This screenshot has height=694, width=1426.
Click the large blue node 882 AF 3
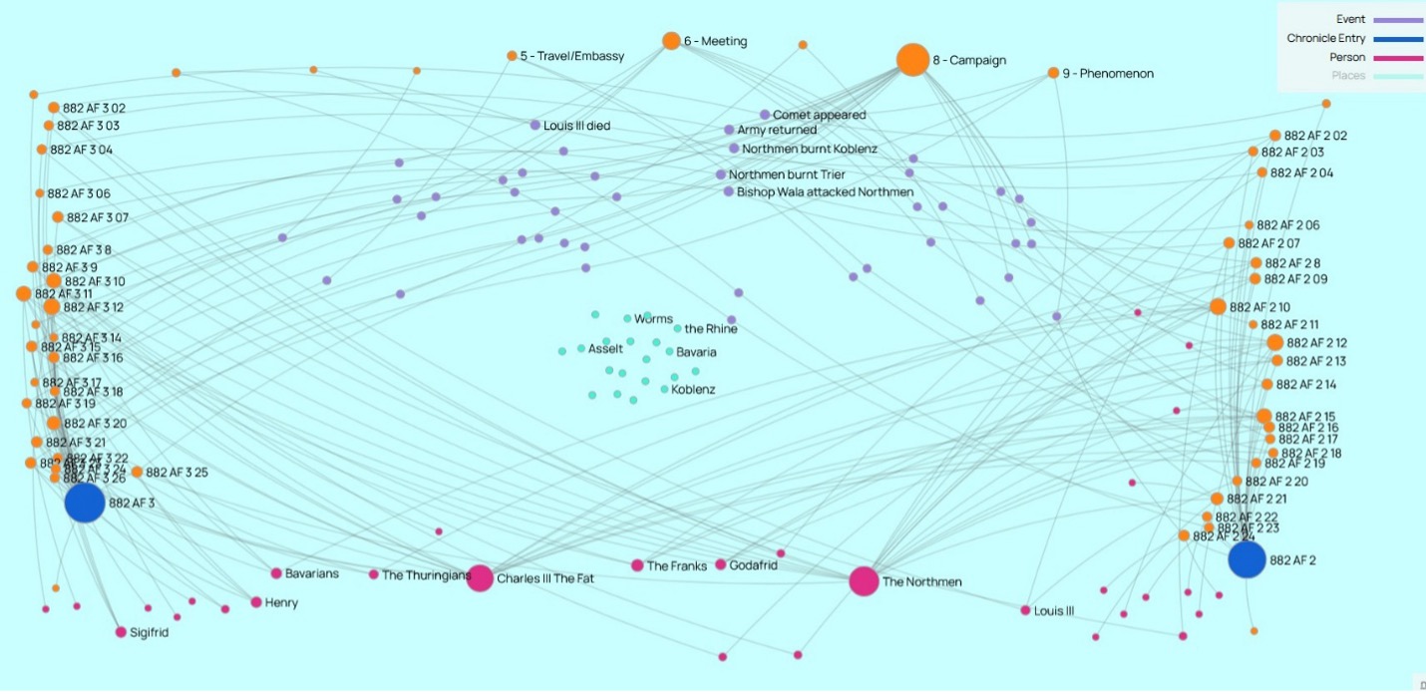pos(85,503)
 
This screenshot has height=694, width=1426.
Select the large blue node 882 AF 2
pos(1247,559)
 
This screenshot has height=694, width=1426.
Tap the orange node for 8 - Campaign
pos(912,60)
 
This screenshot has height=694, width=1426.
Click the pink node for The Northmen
pos(864,581)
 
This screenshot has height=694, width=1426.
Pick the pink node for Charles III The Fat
pos(480,578)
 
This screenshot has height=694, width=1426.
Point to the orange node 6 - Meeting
pos(671,41)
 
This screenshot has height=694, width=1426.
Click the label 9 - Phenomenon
pos(1107,74)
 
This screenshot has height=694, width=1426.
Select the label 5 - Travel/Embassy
pos(571,57)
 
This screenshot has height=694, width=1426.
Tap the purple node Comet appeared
pos(765,115)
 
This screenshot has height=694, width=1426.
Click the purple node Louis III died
pos(535,126)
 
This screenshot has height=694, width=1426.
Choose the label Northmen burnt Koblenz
pos(809,150)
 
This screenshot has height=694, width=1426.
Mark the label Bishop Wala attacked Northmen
pos(824,192)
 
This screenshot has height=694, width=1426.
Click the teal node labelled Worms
pos(627,319)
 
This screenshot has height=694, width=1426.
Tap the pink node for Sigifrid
pos(121,632)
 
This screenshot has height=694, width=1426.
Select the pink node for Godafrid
pos(721,564)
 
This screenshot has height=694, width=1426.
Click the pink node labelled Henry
pos(256,602)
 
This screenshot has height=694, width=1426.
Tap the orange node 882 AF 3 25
pos(137,472)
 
